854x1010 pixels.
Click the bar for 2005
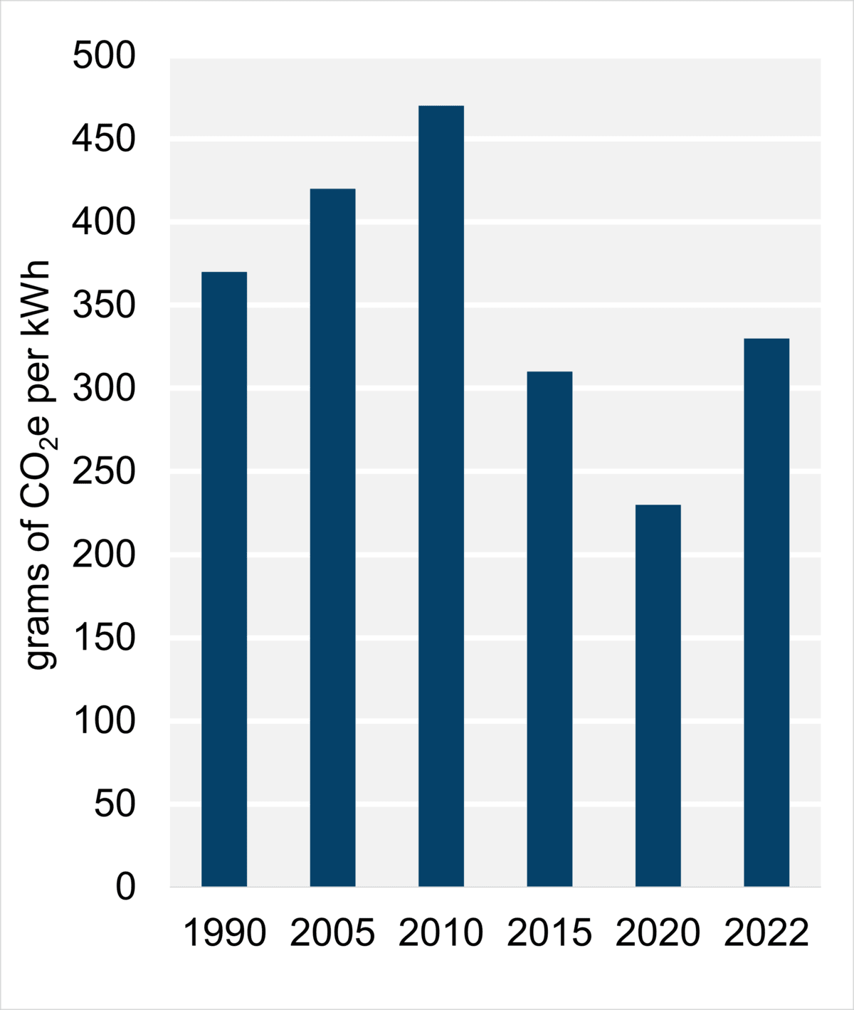(x=332, y=537)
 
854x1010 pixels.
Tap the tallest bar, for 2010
(x=441, y=495)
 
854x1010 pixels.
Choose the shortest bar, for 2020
(x=658, y=695)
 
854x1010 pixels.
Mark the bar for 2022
(x=766, y=612)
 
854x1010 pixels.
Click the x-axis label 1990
(x=224, y=933)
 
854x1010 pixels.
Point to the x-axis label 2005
(x=332, y=933)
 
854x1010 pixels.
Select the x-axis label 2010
(x=441, y=933)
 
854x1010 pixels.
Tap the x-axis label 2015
(x=549, y=933)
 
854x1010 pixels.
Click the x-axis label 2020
(x=658, y=933)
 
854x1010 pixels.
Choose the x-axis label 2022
(x=766, y=933)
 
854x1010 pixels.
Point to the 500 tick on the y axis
(x=104, y=56)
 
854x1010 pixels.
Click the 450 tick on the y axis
(x=104, y=140)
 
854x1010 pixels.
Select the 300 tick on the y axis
(x=104, y=389)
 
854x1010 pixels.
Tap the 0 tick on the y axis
(x=125, y=887)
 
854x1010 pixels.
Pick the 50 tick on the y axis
(x=115, y=804)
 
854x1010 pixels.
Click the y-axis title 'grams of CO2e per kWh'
(x=38, y=465)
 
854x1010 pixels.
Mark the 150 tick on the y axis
(x=104, y=638)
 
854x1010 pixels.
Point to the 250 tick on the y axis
(x=104, y=472)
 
